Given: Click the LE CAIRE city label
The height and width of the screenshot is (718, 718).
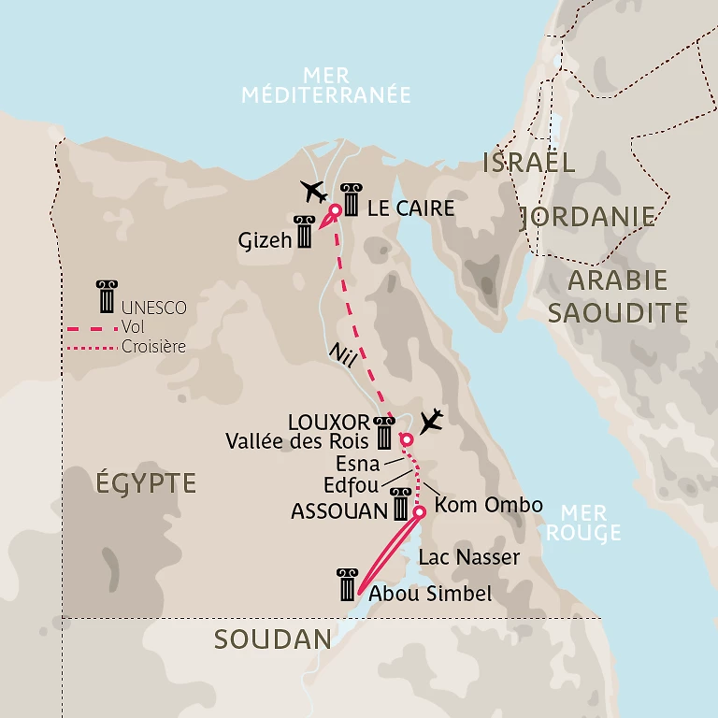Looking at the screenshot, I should pos(410,208).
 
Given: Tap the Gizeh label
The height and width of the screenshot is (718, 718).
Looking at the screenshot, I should pos(266,239).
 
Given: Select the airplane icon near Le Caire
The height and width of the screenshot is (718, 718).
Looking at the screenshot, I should pos(315,192).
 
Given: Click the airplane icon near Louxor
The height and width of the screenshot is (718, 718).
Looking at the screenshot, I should pos(430,422).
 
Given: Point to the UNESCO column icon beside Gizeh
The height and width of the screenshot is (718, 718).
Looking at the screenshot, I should pos(304,232).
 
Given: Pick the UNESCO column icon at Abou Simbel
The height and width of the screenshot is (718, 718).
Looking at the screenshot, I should pos(348,584).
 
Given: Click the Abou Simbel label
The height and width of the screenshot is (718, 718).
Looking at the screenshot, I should pos(430,594).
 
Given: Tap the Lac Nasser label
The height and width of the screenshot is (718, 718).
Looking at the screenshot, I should pos(469,558).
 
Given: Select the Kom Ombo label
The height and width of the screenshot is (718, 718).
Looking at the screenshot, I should pos(489,505).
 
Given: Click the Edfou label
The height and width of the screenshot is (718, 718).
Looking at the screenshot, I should pos(351,486).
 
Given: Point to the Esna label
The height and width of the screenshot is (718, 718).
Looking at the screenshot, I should pos(357,463).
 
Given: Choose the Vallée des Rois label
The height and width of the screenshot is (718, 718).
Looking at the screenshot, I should pos(297,440).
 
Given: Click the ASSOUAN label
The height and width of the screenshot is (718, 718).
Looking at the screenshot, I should pos(338,511).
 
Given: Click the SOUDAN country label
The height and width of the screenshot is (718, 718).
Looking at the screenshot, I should pos(272,639).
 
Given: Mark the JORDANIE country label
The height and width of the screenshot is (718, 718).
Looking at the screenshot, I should pos(588,217).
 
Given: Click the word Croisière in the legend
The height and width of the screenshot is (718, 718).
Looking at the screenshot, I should pos(153,347).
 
